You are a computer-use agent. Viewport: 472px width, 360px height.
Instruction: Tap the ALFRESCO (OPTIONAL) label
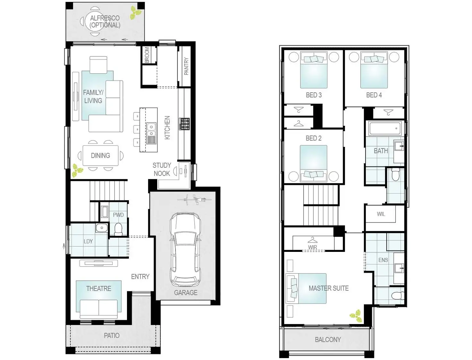coord(105,21)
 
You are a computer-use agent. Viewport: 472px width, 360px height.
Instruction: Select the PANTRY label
coord(186,66)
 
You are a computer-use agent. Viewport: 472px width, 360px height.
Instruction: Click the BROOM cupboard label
coord(147,55)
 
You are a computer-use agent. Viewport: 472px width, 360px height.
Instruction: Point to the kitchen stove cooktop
coord(184,124)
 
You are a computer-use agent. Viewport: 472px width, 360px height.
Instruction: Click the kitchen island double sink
coord(151,130)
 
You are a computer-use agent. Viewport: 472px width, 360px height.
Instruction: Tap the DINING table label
coord(100,156)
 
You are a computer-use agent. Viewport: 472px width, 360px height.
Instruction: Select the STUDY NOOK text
coord(162,169)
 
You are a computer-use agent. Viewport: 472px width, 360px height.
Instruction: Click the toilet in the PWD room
coord(119,229)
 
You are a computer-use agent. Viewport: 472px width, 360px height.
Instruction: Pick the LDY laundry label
coord(88,241)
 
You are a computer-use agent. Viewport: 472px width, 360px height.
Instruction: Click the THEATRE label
coord(99,288)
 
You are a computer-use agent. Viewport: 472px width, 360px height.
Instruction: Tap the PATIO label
coord(112,336)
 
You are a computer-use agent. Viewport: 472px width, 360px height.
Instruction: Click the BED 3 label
coord(314,95)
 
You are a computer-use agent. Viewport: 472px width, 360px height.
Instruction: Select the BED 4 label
coord(374,95)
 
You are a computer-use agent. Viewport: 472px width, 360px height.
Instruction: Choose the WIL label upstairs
coord(381,214)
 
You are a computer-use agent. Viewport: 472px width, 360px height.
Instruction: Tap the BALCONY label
coord(328,339)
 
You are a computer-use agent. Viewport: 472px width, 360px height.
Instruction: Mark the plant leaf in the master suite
coord(356,315)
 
